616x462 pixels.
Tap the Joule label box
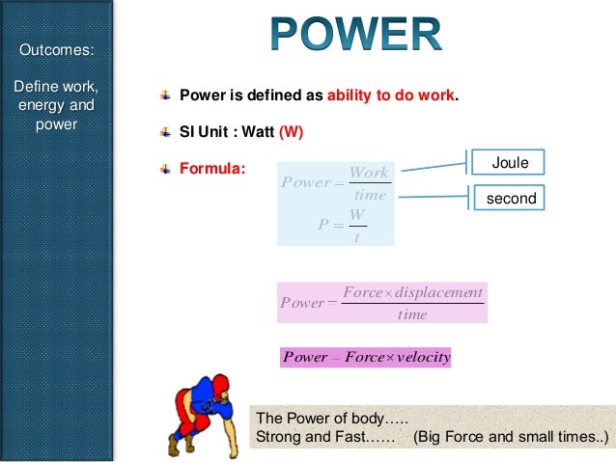point(510,163)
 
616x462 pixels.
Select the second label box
point(510,199)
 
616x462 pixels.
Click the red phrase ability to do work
point(391,96)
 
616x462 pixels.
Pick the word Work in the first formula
point(369,173)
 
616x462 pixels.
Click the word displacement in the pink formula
point(438,292)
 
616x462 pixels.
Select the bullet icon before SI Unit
point(166,130)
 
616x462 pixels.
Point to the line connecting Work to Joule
point(434,166)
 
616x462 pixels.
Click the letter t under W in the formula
point(356,237)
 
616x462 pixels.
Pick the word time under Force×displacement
point(412,313)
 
